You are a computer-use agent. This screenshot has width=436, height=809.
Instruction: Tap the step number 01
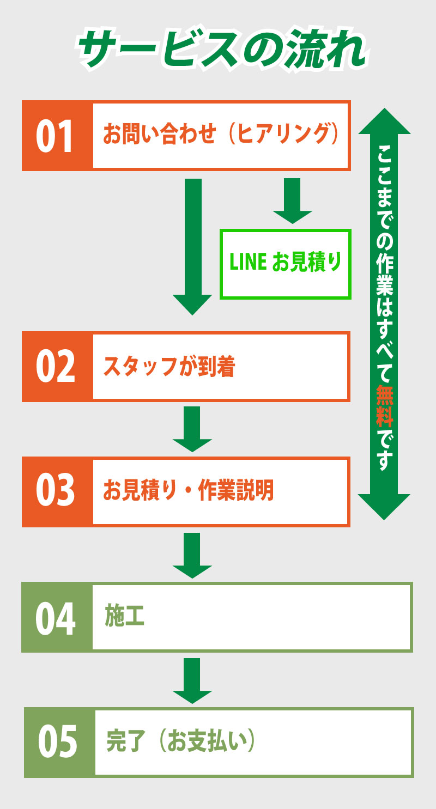55,136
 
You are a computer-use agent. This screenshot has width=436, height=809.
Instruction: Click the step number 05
58,742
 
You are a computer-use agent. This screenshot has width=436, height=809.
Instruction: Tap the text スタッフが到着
169,367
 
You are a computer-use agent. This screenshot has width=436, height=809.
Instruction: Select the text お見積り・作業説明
189,491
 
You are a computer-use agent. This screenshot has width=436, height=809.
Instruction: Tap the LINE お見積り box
285,264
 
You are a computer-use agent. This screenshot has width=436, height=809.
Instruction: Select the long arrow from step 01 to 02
192,245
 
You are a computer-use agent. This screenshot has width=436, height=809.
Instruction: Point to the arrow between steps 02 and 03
192,429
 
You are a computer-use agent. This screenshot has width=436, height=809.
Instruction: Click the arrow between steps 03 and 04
192,555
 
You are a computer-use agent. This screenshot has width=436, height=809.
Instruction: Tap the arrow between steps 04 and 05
192,680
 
